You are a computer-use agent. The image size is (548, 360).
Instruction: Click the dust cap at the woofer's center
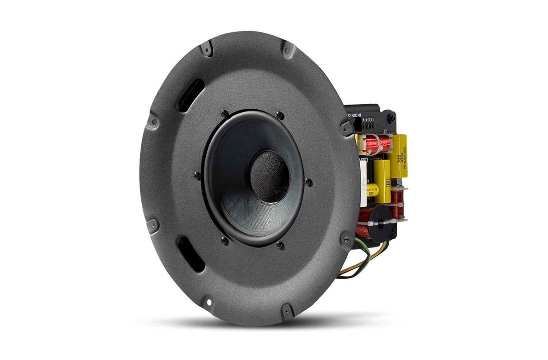(269, 176)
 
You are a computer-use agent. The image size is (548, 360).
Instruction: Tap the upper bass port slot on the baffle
(190, 94)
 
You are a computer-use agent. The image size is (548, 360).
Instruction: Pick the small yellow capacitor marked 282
(372, 192)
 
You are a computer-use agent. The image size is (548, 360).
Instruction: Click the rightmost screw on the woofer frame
(308, 182)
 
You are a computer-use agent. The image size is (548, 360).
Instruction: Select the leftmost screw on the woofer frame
(197, 175)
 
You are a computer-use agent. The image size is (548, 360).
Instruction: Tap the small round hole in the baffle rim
(208, 298)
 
